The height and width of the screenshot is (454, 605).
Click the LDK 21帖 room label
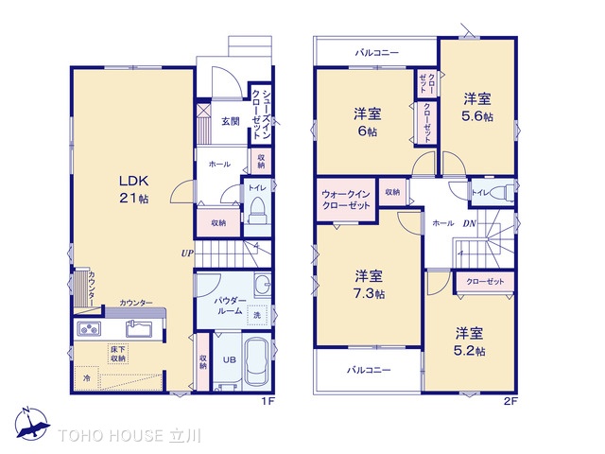pyautogui.click(x=134, y=189)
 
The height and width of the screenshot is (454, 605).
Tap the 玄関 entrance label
pyautogui.click(x=231, y=121)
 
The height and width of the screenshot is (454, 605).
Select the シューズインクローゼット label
pyautogui.click(x=261, y=114)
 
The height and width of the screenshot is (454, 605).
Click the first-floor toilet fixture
pyautogui.click(x=257, y=210)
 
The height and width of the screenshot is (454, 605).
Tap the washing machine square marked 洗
pyautogui.click(x=257, y=315)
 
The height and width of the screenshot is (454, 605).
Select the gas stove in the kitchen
pyautogui.click(x=89, y=329)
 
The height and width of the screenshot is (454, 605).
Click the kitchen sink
pyautogui.click(x=139, y=329)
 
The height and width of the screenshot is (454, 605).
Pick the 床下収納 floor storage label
pyautogui.click(x=117, y=354)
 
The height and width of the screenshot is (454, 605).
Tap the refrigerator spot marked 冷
pyautogui.click(x=87, y=378)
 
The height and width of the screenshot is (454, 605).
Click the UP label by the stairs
pyautogui.click(x=187, y=253)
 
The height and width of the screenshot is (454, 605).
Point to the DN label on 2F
pyautogui.click(x=470, y=223)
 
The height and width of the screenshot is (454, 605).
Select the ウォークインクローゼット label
pyautogui.click(x=346, y=200)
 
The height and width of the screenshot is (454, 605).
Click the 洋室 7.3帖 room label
pyautogui.click(x=370, y=285)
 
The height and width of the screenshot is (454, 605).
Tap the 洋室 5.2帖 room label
pyautogui.click(x=469, y=342)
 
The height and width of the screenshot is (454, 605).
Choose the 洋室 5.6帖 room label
pyautogui.click(x=477, y=108)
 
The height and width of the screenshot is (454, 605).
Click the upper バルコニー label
pyautogui.click(x=377, y=53)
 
